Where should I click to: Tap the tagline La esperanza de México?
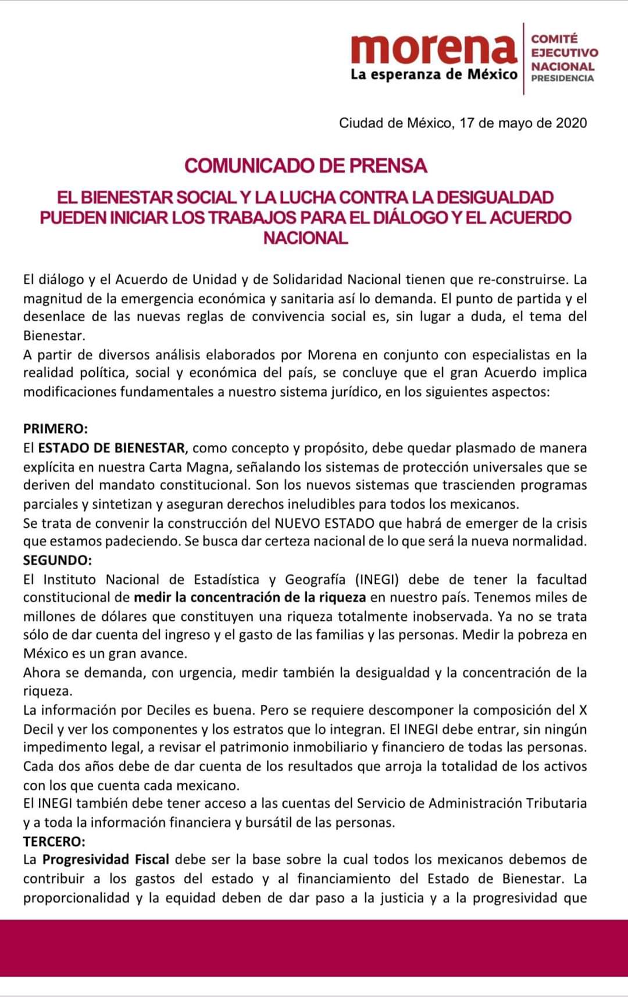click(433, 74)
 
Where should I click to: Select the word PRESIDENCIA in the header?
click(562, 78)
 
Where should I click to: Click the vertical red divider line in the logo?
click(524, 58)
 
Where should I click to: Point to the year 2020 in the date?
click(571, 123)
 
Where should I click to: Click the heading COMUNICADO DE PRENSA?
click(306, 166)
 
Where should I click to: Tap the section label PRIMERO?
click(55, 429)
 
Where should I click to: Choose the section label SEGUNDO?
click(58, 560)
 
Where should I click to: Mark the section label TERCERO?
click(54, 841)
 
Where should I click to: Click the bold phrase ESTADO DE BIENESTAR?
click(112, 448)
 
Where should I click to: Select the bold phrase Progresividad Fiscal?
click(106, 860)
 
